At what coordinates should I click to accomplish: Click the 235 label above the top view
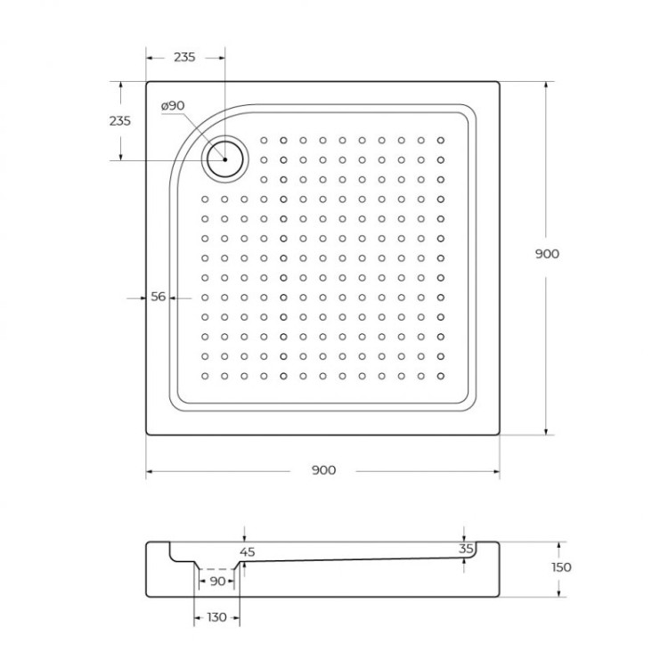[184, 57]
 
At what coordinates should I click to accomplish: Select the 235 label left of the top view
[119, 121]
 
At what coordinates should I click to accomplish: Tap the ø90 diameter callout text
[173, 105]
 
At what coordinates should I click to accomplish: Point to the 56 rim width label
[158, 297]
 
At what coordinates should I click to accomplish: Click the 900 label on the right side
[547, 254]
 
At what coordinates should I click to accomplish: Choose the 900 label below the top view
[324, 470]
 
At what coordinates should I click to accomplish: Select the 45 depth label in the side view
[248, 552]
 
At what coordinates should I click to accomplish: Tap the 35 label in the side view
[466, 550]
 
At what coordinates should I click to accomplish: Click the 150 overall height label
[560, 567]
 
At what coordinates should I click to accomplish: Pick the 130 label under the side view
[216, 616]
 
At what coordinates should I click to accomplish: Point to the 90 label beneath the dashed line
[216, 582]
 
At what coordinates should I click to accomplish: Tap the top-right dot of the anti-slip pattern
[440, 140]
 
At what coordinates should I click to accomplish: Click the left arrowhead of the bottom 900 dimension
[151, 470]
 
